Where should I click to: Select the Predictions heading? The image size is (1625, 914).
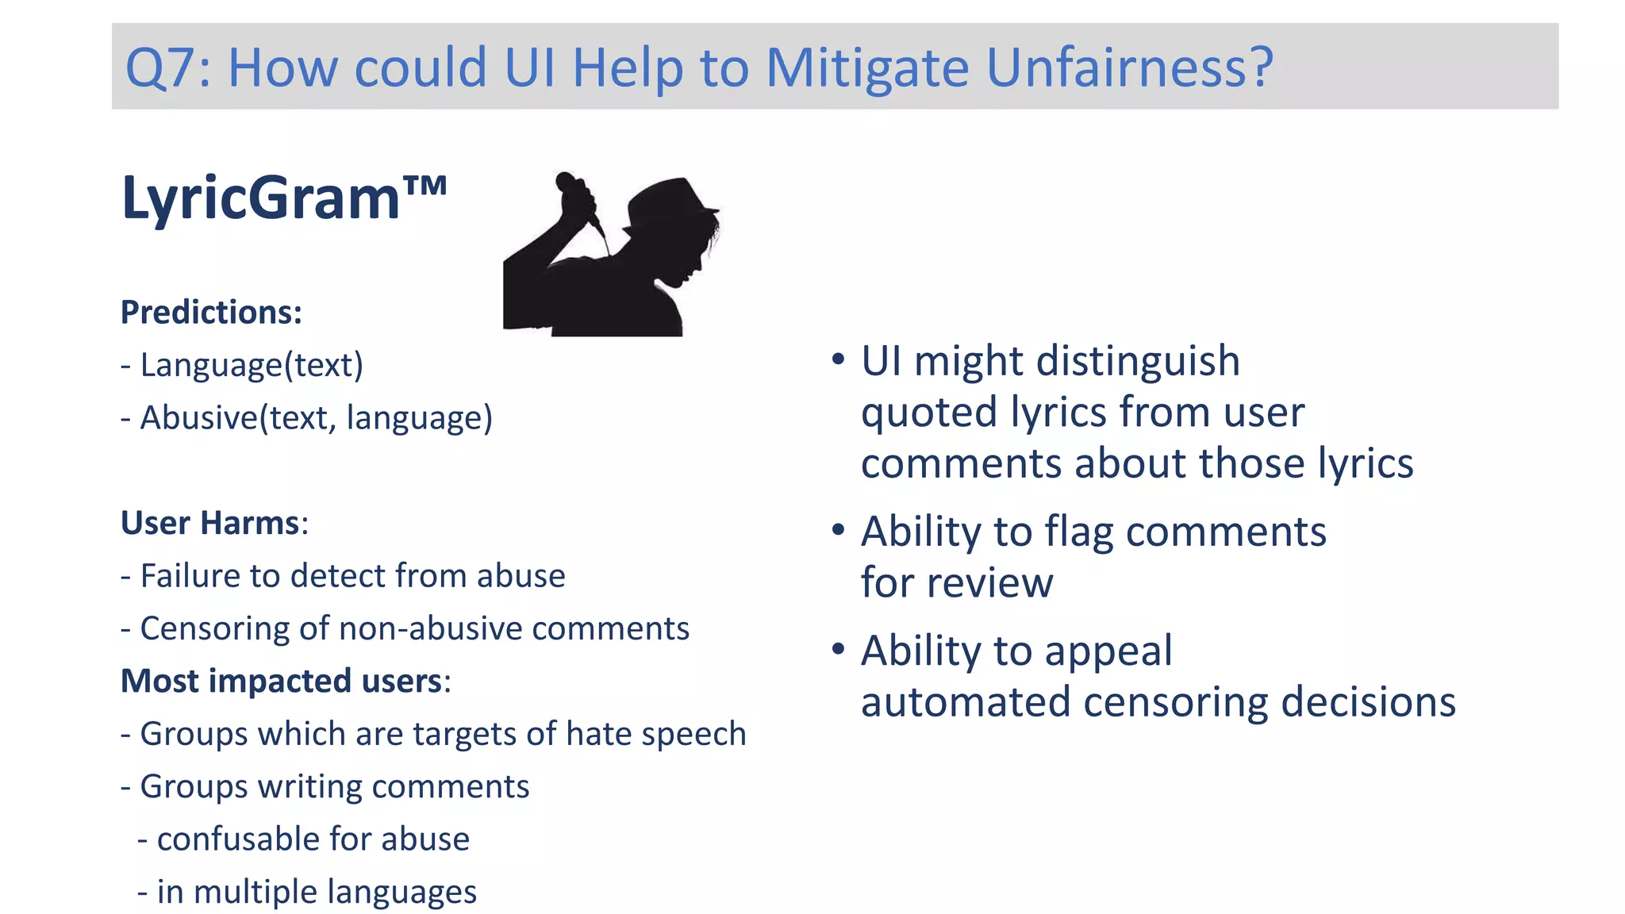pos(211,313)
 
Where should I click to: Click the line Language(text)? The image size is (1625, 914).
pos(242,365)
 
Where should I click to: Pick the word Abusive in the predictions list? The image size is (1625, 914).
pos(199,418)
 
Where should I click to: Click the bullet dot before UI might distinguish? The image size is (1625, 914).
pos(839,359)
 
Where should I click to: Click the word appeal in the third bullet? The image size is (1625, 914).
pos(1108,651)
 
